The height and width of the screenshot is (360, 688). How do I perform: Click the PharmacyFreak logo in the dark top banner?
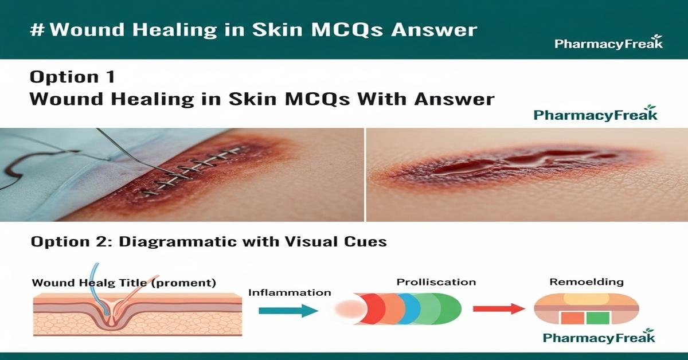(x=608, y=43)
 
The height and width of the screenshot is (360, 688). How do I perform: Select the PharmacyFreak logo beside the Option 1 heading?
(x=595, y=114)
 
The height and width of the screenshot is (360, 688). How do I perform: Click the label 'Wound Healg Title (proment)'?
(x=124, y=283)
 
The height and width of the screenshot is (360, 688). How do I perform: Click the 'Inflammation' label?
(x=290, y=292)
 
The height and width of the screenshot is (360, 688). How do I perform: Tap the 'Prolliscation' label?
(x=436, y=282)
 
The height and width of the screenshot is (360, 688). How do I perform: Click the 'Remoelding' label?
(x=586, y=282)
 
